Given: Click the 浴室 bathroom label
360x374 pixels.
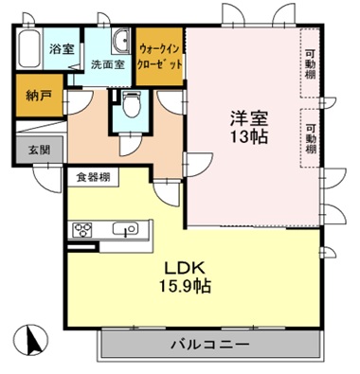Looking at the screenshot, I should pyautogui.click(x=62, y=46).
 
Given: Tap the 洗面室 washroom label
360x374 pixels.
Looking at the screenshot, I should pyautogui.click(x=107, y=65).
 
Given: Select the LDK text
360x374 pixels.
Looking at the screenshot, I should pyautogui.click(x=190, y=266).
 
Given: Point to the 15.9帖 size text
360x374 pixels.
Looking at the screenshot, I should pyautogui.click(x=190, y=285).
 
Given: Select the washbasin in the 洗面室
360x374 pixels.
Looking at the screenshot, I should pyautogui.click(x=122, y=40).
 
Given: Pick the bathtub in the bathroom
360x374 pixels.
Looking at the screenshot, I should pyautogui.click(x=29, y=47).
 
